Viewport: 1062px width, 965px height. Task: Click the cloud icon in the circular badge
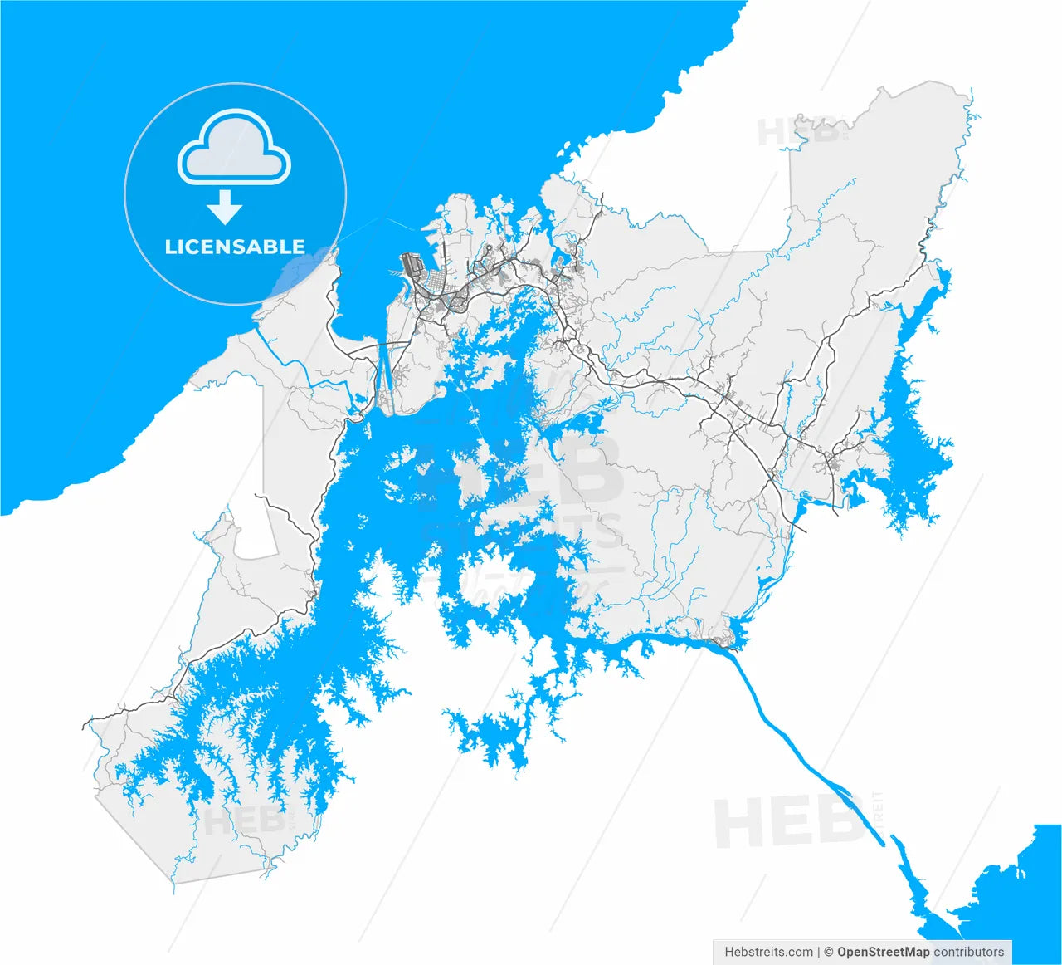(235, 149)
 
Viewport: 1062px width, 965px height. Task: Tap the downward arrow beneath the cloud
(224, 207)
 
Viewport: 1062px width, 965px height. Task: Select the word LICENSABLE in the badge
(235, 247)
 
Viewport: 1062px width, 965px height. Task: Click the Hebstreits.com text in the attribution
(769, 952)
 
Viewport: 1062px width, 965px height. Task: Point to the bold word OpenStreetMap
(883, 952)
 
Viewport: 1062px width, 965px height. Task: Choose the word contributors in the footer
(969, 952)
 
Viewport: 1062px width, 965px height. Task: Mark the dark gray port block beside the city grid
(411, 266)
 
